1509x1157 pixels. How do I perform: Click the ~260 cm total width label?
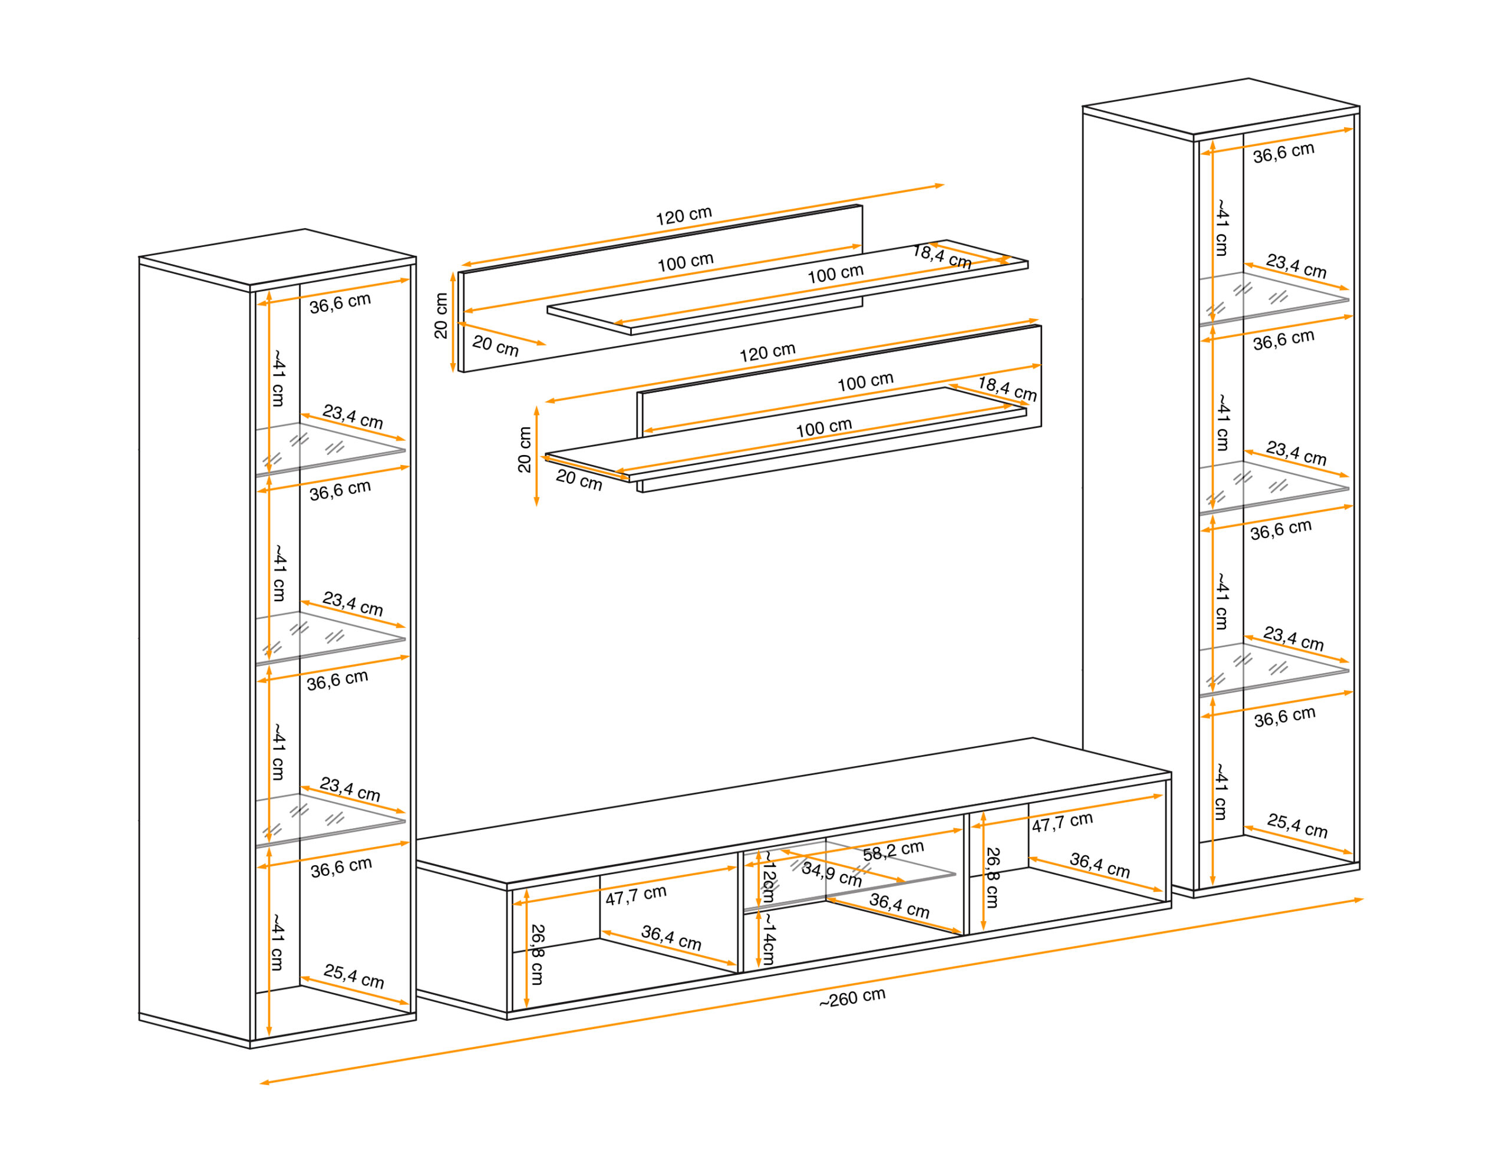(x=852, y=998)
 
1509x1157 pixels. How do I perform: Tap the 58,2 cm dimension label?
(x=892, y=851)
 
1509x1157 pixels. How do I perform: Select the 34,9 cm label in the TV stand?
(x=831, y=874)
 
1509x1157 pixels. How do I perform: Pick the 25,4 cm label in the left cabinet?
(x=353, y=977)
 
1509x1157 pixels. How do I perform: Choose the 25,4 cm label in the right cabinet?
(x=1297, y=826)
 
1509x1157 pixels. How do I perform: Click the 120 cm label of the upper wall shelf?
(x=683, y=216)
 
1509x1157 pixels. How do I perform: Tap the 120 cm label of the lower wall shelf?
(x=767, y=352)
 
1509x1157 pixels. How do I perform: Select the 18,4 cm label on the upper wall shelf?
(x=941, y=256)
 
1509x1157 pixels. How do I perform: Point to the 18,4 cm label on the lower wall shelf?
(x=1007, y=389)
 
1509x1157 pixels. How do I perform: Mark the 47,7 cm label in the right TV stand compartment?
(x=1062, y=822)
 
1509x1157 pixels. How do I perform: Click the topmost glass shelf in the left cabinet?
(x=331, y=449)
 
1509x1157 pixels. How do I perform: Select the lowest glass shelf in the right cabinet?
(x=1274, y=669)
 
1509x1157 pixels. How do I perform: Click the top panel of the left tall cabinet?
(x=278, y=256)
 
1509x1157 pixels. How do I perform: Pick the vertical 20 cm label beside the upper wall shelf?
(x=441, y=315)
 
